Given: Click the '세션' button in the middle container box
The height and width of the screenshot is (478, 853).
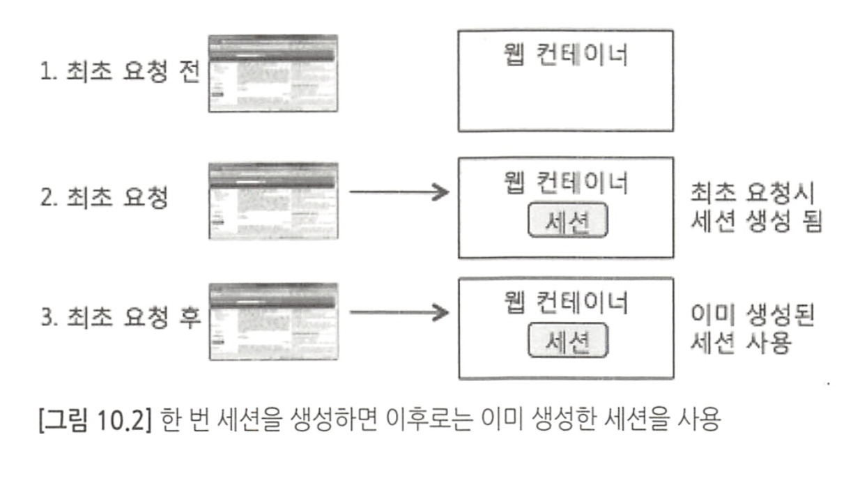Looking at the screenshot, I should [568, 222].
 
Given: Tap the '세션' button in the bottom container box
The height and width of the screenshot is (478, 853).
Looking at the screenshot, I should [568, 342].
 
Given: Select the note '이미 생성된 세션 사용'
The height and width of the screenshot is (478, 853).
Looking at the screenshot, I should [751, 327].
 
